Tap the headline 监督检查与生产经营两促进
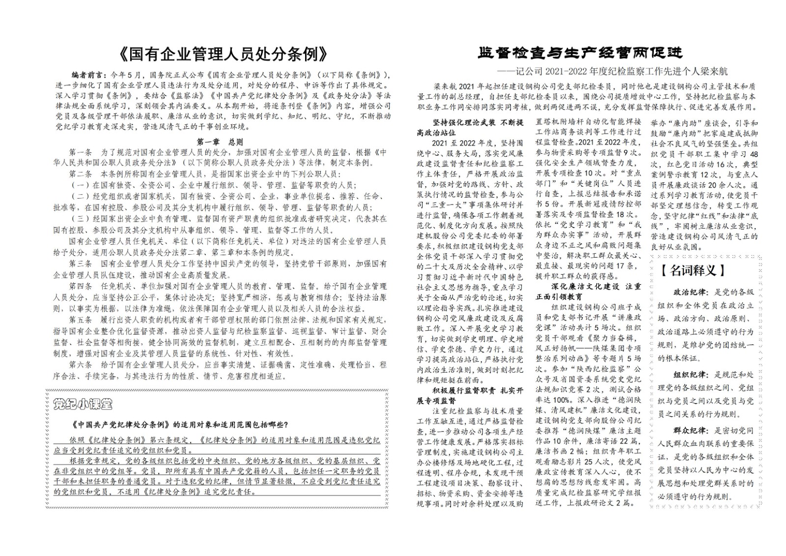[580, 52]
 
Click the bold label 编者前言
[88, 75]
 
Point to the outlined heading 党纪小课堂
[83, 404]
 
